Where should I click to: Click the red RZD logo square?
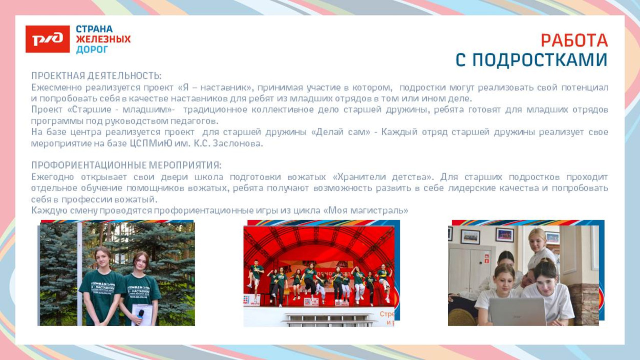coord(48,39)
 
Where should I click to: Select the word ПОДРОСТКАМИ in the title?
coord(540,60)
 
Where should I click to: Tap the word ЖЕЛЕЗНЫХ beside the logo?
coord(103,39)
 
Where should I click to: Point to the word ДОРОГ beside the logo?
coord(92,50)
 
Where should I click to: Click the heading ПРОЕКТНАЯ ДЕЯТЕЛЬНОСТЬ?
coord(96,76)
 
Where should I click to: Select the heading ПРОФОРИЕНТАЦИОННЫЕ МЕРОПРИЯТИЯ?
coord(126,165)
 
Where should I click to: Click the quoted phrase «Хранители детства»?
coord(383,177)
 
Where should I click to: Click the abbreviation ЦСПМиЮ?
coord(151,143)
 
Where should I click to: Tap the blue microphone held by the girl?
coord(141,316)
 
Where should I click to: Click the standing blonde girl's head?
coord(538,239)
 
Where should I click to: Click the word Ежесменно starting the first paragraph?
coord(56,87)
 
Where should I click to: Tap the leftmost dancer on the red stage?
coord(255,274)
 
